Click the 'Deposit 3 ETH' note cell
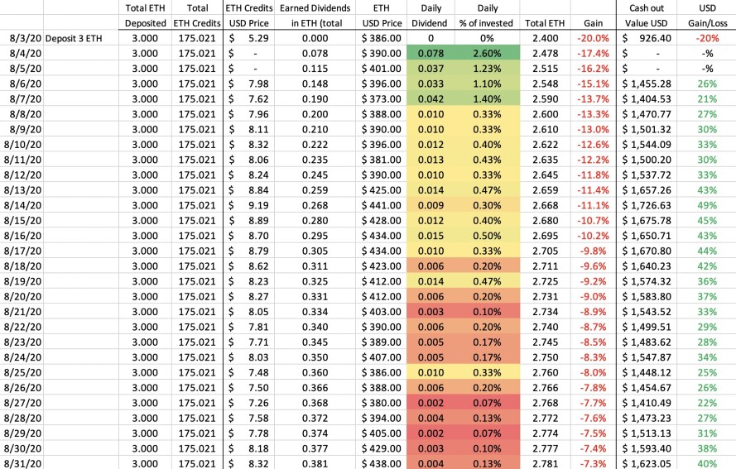74,38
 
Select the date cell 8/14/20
22,205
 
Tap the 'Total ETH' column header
545,23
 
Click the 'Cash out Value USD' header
647,16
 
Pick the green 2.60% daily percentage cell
488,54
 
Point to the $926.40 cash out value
647,38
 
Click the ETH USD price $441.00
381,205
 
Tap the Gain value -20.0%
593,38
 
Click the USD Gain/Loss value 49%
707,205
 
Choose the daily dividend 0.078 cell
431,54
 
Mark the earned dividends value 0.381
315,463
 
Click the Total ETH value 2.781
546,463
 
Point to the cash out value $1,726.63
647,205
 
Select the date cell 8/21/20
22,312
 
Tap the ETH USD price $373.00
381,99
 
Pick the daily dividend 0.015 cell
431,236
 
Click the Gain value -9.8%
593,251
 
